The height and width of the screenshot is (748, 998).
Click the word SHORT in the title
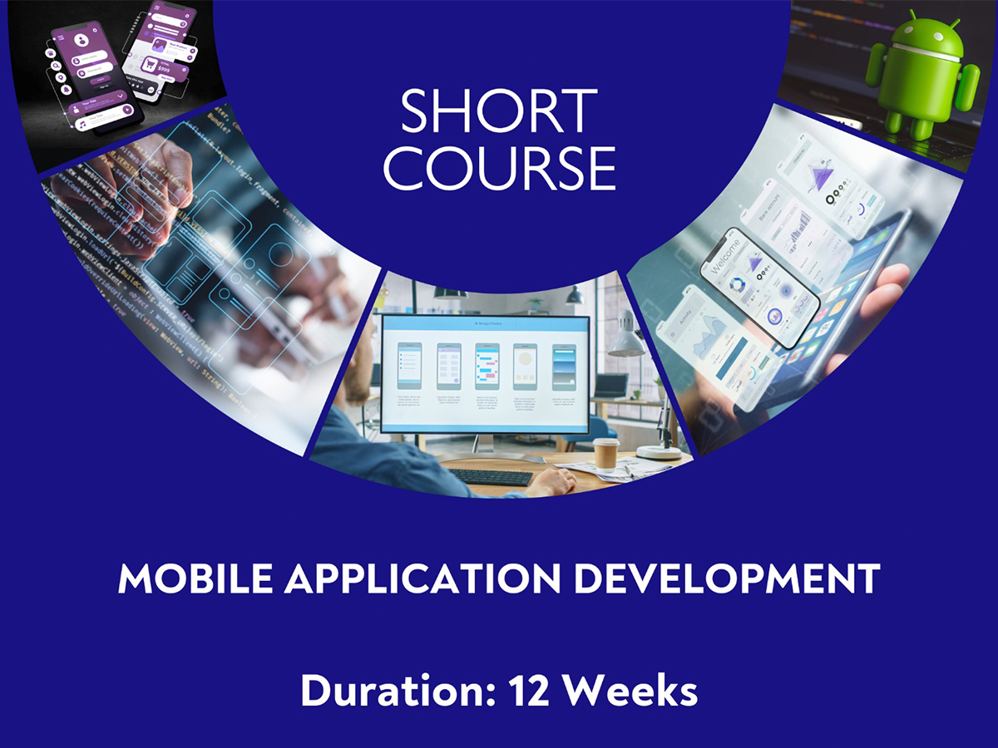pyautogui.click(x=499, y=111)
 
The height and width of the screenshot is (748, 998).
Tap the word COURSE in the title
pyautogui.click(x=499, y=168)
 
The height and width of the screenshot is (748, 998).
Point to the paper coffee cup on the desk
pyautogui.click(x=606, y=454)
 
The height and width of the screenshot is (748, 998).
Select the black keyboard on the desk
pyautogui.click(x=490, y=477)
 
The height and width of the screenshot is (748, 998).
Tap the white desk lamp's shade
pyautogui.click(x=625, y=342)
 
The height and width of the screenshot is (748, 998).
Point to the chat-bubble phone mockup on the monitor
pyautogui.click(x=487, y=365)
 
